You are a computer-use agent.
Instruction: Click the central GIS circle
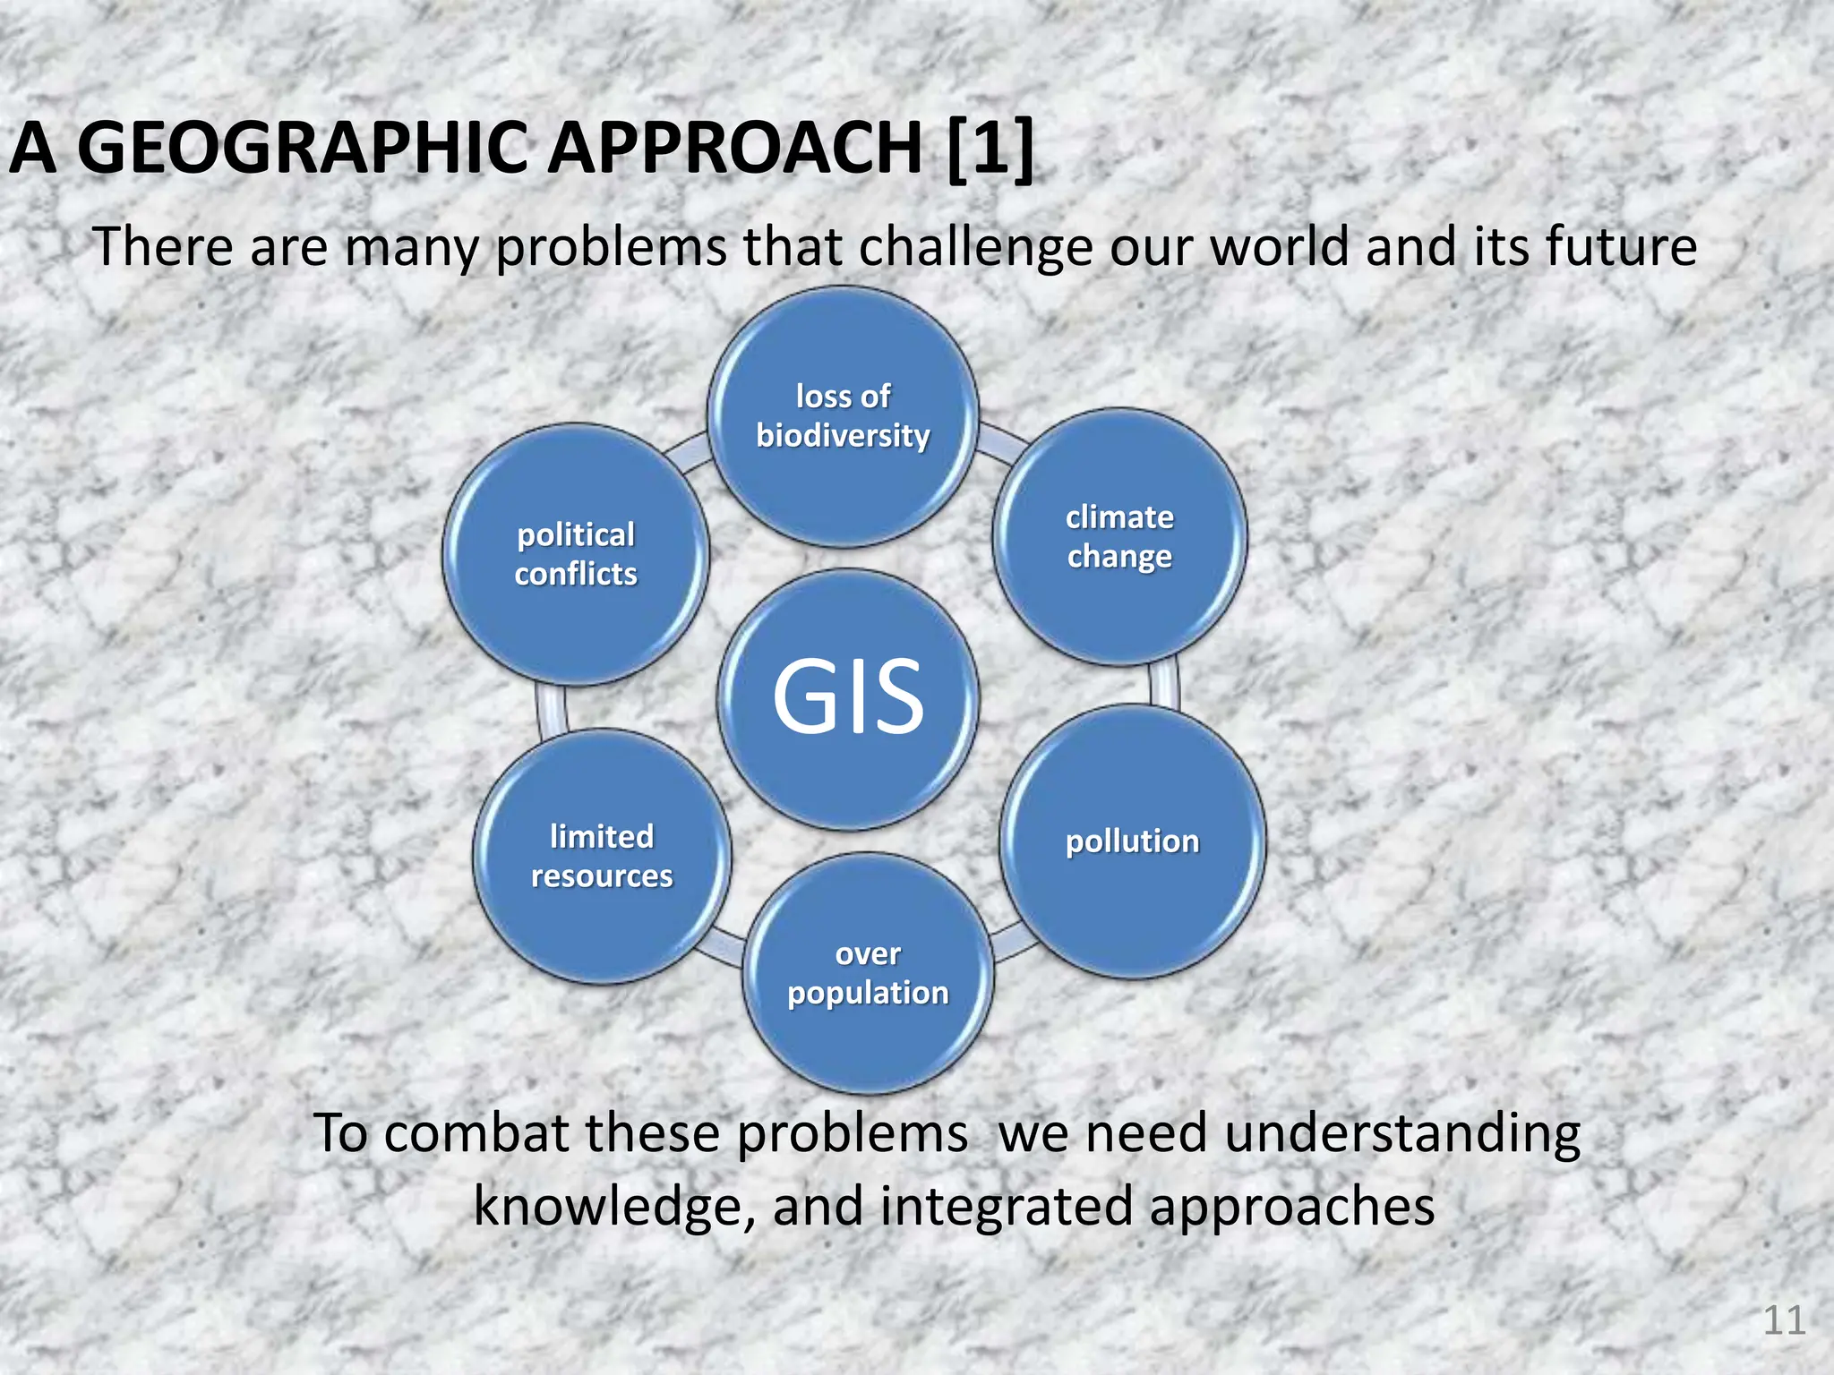(848, 699)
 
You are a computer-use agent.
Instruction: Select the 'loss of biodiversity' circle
(843, 417)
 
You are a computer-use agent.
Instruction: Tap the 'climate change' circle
(1119, 537)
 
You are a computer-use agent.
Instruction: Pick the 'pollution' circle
(1133, 841)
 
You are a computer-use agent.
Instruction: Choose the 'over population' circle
(868, 973)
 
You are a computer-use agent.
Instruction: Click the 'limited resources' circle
(602, 857)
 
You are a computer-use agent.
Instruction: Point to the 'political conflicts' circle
(576, 555)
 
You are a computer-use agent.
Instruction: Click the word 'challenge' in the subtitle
(975, 248)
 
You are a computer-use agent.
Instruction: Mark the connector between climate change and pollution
(1163, 686)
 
